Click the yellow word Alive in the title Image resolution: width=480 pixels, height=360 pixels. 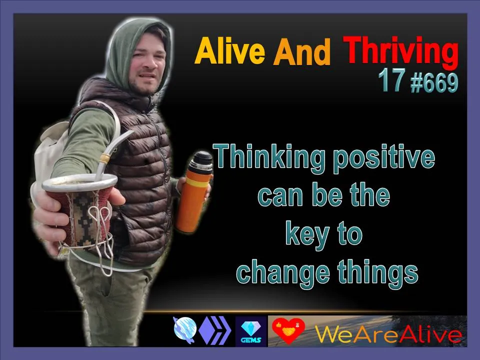pos(229,51)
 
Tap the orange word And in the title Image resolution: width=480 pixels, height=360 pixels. pos(302,51)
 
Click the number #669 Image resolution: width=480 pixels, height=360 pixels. pos(434,83)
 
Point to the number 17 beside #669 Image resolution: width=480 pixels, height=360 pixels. pos(392,80)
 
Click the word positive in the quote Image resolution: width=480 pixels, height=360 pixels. pos(384,159)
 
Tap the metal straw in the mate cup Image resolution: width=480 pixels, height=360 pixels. pos(112,152)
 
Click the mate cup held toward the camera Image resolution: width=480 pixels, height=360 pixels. pos(80,211)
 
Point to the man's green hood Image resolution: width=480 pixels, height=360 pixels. pos(131,52)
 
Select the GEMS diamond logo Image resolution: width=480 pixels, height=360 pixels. pos(251,331)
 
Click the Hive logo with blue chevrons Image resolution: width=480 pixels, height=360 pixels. pos(215,331)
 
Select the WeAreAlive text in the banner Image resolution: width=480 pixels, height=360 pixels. pos(388,334)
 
